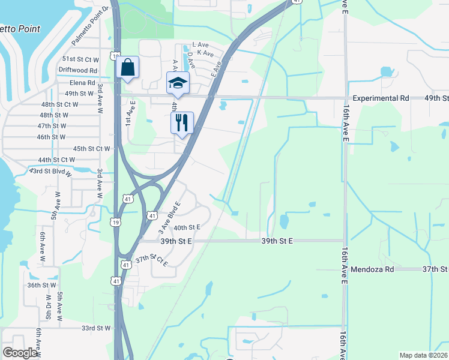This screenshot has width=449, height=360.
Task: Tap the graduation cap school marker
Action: click(178, 83)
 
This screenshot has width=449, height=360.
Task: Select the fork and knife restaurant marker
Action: click(182, 122)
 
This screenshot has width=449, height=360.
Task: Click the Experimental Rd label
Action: click(381, 98)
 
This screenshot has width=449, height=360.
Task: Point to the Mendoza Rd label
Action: click(372, 270)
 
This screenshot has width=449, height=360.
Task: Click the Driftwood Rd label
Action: click(77, 71)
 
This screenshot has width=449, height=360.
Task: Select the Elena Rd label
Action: click(82, 83)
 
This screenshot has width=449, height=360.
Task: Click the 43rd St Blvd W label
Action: click(50, 172)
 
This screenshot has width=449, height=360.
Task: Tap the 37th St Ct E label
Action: click(151, 260)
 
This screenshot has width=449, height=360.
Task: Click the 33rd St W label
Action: click(96, 328)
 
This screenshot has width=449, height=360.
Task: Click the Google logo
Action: click(20, 353)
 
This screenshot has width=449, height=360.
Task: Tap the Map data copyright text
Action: click(423, 355)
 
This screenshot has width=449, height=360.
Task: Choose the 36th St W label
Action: click(41, 286)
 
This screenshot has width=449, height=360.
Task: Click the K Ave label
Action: click(205, 53)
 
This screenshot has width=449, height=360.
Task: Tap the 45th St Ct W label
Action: click(92, 148)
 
